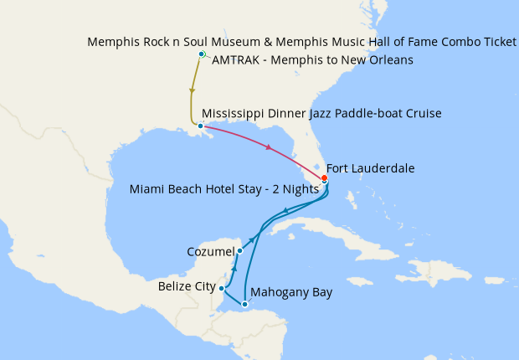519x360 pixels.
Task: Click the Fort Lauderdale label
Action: tap(369, 168)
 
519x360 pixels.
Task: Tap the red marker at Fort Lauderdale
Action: tap(324, 178)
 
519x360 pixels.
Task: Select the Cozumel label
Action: tap(209, 250)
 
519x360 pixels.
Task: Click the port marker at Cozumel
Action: tap(239, 250)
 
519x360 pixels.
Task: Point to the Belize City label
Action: tap(186, 287)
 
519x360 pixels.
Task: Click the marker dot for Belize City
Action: tap(221, 288)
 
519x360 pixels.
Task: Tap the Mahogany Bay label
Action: tap(291, 292)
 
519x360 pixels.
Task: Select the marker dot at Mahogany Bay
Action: tap(244, 304)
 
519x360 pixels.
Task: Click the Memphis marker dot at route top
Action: tap(201, 54)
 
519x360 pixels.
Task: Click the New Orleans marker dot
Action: tap(200, 126)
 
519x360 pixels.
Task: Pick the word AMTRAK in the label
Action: tap(238, 59)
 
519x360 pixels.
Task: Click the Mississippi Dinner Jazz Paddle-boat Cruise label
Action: tap(321, 113)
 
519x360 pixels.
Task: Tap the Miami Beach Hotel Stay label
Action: tap(224, 189)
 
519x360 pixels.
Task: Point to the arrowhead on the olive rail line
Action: tap(193, 92)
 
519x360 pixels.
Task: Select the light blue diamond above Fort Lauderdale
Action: tap(317, 166)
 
